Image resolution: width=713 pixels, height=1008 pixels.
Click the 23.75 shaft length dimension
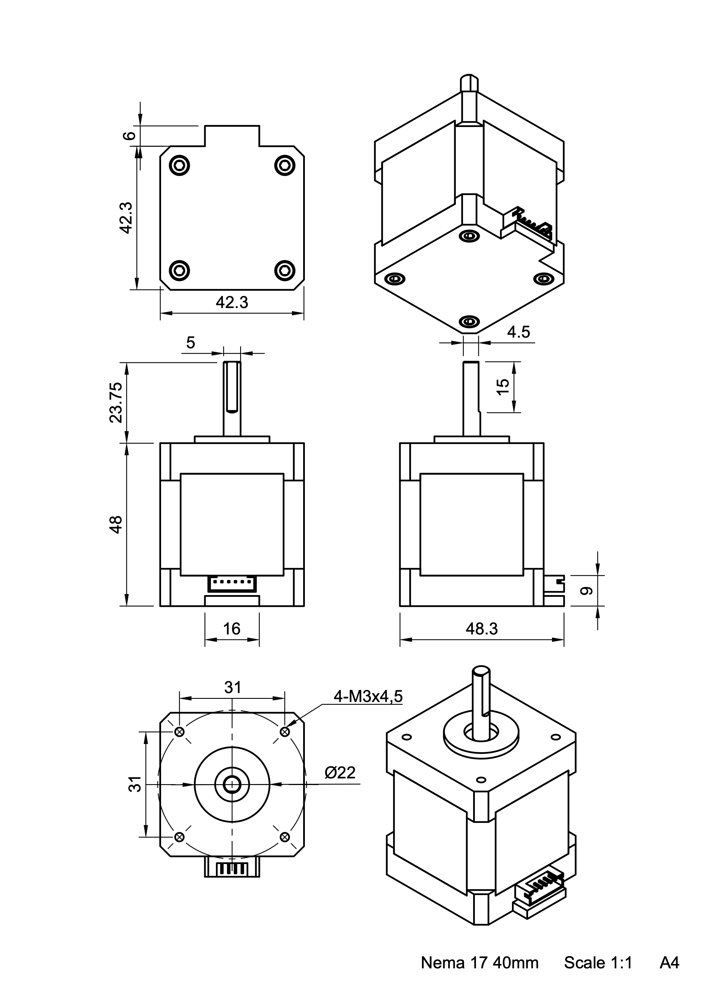116,402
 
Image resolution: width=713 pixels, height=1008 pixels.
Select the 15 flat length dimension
502,387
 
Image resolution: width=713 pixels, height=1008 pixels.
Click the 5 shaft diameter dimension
190,343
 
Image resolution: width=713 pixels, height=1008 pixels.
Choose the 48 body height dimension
116,525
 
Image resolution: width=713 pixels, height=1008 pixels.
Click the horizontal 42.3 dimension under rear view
232,303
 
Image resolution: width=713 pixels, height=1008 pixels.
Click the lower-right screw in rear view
285,270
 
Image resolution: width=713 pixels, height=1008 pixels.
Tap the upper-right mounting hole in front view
285,731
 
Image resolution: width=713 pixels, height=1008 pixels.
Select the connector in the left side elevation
232,584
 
